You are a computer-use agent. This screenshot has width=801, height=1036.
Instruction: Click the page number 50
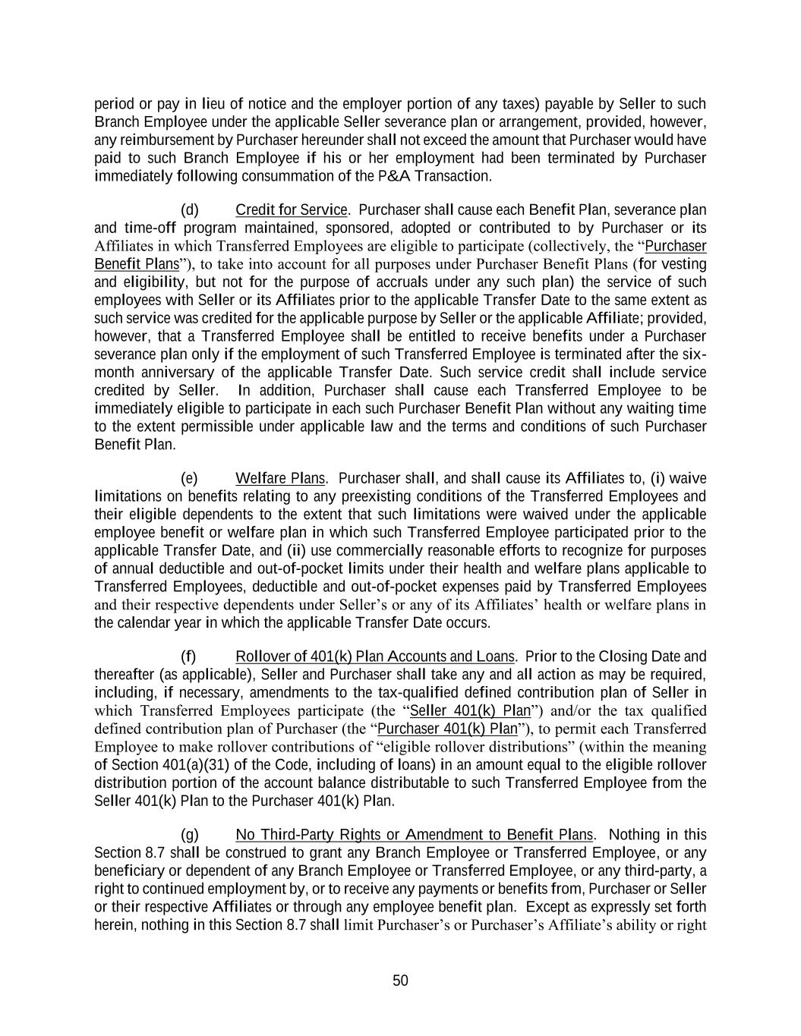[400, 981]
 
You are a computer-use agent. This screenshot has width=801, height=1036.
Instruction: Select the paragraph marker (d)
[190, 209]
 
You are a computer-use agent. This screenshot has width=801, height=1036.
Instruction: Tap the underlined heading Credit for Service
[292, 209]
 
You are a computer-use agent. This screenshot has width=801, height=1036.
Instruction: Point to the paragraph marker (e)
[190, 478]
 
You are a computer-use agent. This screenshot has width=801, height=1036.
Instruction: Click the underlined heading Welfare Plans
[280, 478]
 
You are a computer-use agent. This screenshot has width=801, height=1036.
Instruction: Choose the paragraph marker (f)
[188, 657]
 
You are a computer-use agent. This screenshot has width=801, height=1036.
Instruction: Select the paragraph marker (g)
[190, 835]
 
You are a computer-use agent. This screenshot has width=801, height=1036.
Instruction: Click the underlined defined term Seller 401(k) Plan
[470, 710]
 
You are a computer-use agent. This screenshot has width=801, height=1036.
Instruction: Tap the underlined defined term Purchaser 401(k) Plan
[447, 729]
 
